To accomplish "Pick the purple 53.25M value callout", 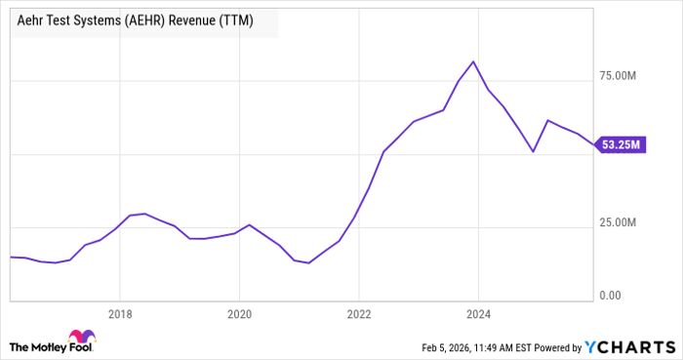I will click(x=620, y=145).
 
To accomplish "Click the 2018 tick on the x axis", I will click(x=119, y=314).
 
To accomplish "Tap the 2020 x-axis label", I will click(x=239, y=314).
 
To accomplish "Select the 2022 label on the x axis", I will click(x=359, y=314).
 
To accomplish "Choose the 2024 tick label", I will click(x=479, y=314).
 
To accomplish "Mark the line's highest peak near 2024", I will click(x=473, y=61).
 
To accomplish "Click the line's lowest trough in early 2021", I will click(x=309, y=262).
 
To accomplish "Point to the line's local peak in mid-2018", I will click(x=144, y=213).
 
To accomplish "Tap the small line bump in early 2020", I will click(x=249, y=224).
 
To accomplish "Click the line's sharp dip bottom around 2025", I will click(x=533, y=151).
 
